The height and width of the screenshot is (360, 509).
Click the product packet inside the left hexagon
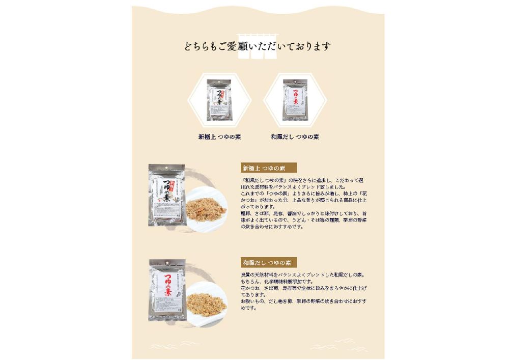218,100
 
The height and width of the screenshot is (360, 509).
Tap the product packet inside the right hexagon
295,100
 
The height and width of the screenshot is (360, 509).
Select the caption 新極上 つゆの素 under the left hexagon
219,137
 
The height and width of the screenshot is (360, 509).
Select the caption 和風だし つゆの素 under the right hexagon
295,137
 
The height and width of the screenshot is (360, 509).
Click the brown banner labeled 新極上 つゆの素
268,168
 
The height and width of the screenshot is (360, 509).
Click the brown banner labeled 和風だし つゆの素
268,263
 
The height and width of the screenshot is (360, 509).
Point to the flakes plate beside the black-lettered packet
206,209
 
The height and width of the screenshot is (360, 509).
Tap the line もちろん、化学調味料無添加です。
277,282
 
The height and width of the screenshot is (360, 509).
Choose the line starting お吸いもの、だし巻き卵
303,301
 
